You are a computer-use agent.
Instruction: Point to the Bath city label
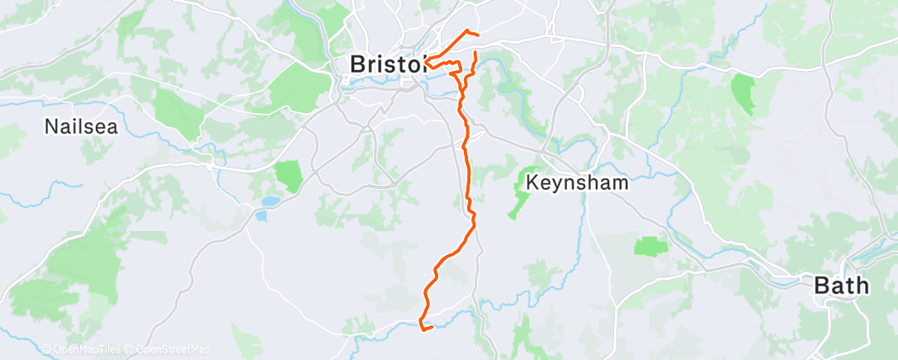842,287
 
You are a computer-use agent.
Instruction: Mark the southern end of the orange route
432,329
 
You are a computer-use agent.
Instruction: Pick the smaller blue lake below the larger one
261,216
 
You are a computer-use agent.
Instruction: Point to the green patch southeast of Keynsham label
650,246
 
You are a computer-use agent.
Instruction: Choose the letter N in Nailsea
51,127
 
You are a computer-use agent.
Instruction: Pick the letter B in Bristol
357,64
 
